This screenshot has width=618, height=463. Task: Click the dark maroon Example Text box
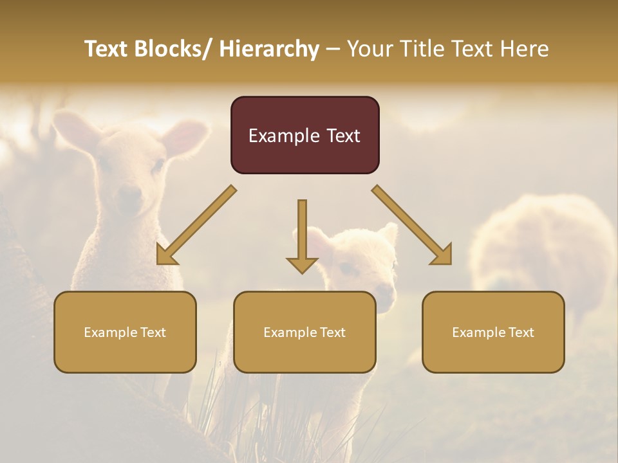pyautogui.click(x=304, y=135)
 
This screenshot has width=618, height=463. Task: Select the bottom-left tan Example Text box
pyautogui.click(x=125, y=332)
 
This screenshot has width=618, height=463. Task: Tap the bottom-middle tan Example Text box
pyautogui.click(x=304, y=332)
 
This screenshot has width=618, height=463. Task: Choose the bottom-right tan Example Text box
pyautogui.click(x=493, y=332)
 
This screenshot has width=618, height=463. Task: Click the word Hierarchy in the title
pyautogui.click(x=269, y=49)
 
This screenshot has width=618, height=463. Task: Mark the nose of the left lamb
pyautogui.click(x=129, y=193)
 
